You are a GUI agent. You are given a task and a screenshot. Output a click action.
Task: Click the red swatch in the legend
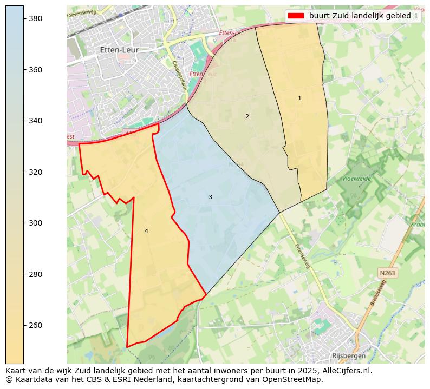click(296, 16)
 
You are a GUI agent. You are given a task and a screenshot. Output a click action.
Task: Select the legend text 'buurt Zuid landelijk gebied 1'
click(363, 16)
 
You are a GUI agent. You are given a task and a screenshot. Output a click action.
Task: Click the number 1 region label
click(299, 98)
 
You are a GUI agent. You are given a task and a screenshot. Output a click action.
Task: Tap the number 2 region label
click(247, 116)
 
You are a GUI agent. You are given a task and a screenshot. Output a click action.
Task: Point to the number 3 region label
click(210, 197)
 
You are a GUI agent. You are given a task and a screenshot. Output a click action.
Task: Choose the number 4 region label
click(146, 232)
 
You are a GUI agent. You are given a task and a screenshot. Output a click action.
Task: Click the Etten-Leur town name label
click(119, 50)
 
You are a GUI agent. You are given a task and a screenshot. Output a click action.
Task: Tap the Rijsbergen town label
click(349, 355)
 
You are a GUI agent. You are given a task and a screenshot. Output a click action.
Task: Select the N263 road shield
click(387, 273)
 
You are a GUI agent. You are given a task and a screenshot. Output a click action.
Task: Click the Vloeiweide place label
click(356, 178)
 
